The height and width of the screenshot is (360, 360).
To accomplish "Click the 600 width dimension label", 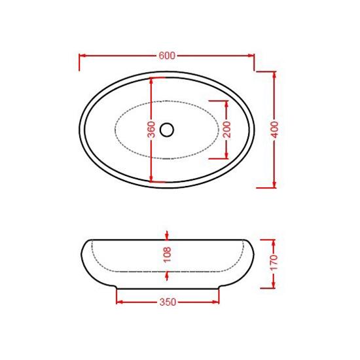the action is (x=167, y=56).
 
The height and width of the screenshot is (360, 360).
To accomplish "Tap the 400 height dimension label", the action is (x=275, y=130).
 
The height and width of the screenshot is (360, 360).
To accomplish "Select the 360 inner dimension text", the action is (x=151, y=130).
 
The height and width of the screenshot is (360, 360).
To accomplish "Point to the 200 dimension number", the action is (x=227, y=130).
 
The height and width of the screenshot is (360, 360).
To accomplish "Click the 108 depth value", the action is (x=167, y=255).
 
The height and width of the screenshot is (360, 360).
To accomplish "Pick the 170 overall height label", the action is (x=274, y=262).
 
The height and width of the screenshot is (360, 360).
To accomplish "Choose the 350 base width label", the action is (x=168, y=302).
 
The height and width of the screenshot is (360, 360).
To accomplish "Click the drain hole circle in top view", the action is (x=167, y=130).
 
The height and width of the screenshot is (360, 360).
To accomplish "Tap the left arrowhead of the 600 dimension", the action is (x=82, y=56).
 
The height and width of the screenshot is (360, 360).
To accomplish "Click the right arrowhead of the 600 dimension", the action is (x=251, y=56).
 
